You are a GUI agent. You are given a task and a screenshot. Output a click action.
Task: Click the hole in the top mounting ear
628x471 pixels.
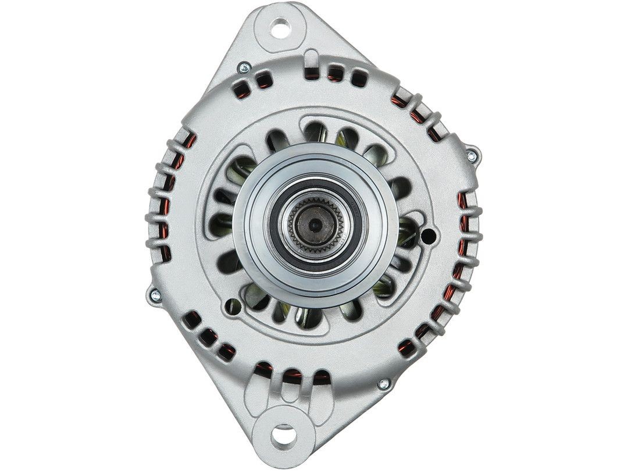tap(282, 26)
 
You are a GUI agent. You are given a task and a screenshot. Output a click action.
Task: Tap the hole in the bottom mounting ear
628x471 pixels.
tap(284, 431)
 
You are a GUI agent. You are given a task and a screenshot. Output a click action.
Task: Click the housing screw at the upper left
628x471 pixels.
tap(244, 67)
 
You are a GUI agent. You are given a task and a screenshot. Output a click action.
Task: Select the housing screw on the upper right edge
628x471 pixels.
tap(472, 155)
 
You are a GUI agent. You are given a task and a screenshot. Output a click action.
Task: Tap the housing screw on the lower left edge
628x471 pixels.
tap(155, 295)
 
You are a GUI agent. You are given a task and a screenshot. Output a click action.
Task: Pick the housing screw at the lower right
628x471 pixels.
tap(383, 384)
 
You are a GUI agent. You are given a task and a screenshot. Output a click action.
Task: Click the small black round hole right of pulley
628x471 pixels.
tap(429, 235)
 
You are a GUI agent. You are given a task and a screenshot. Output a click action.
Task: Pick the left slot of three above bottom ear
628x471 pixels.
tap(264, 369)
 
